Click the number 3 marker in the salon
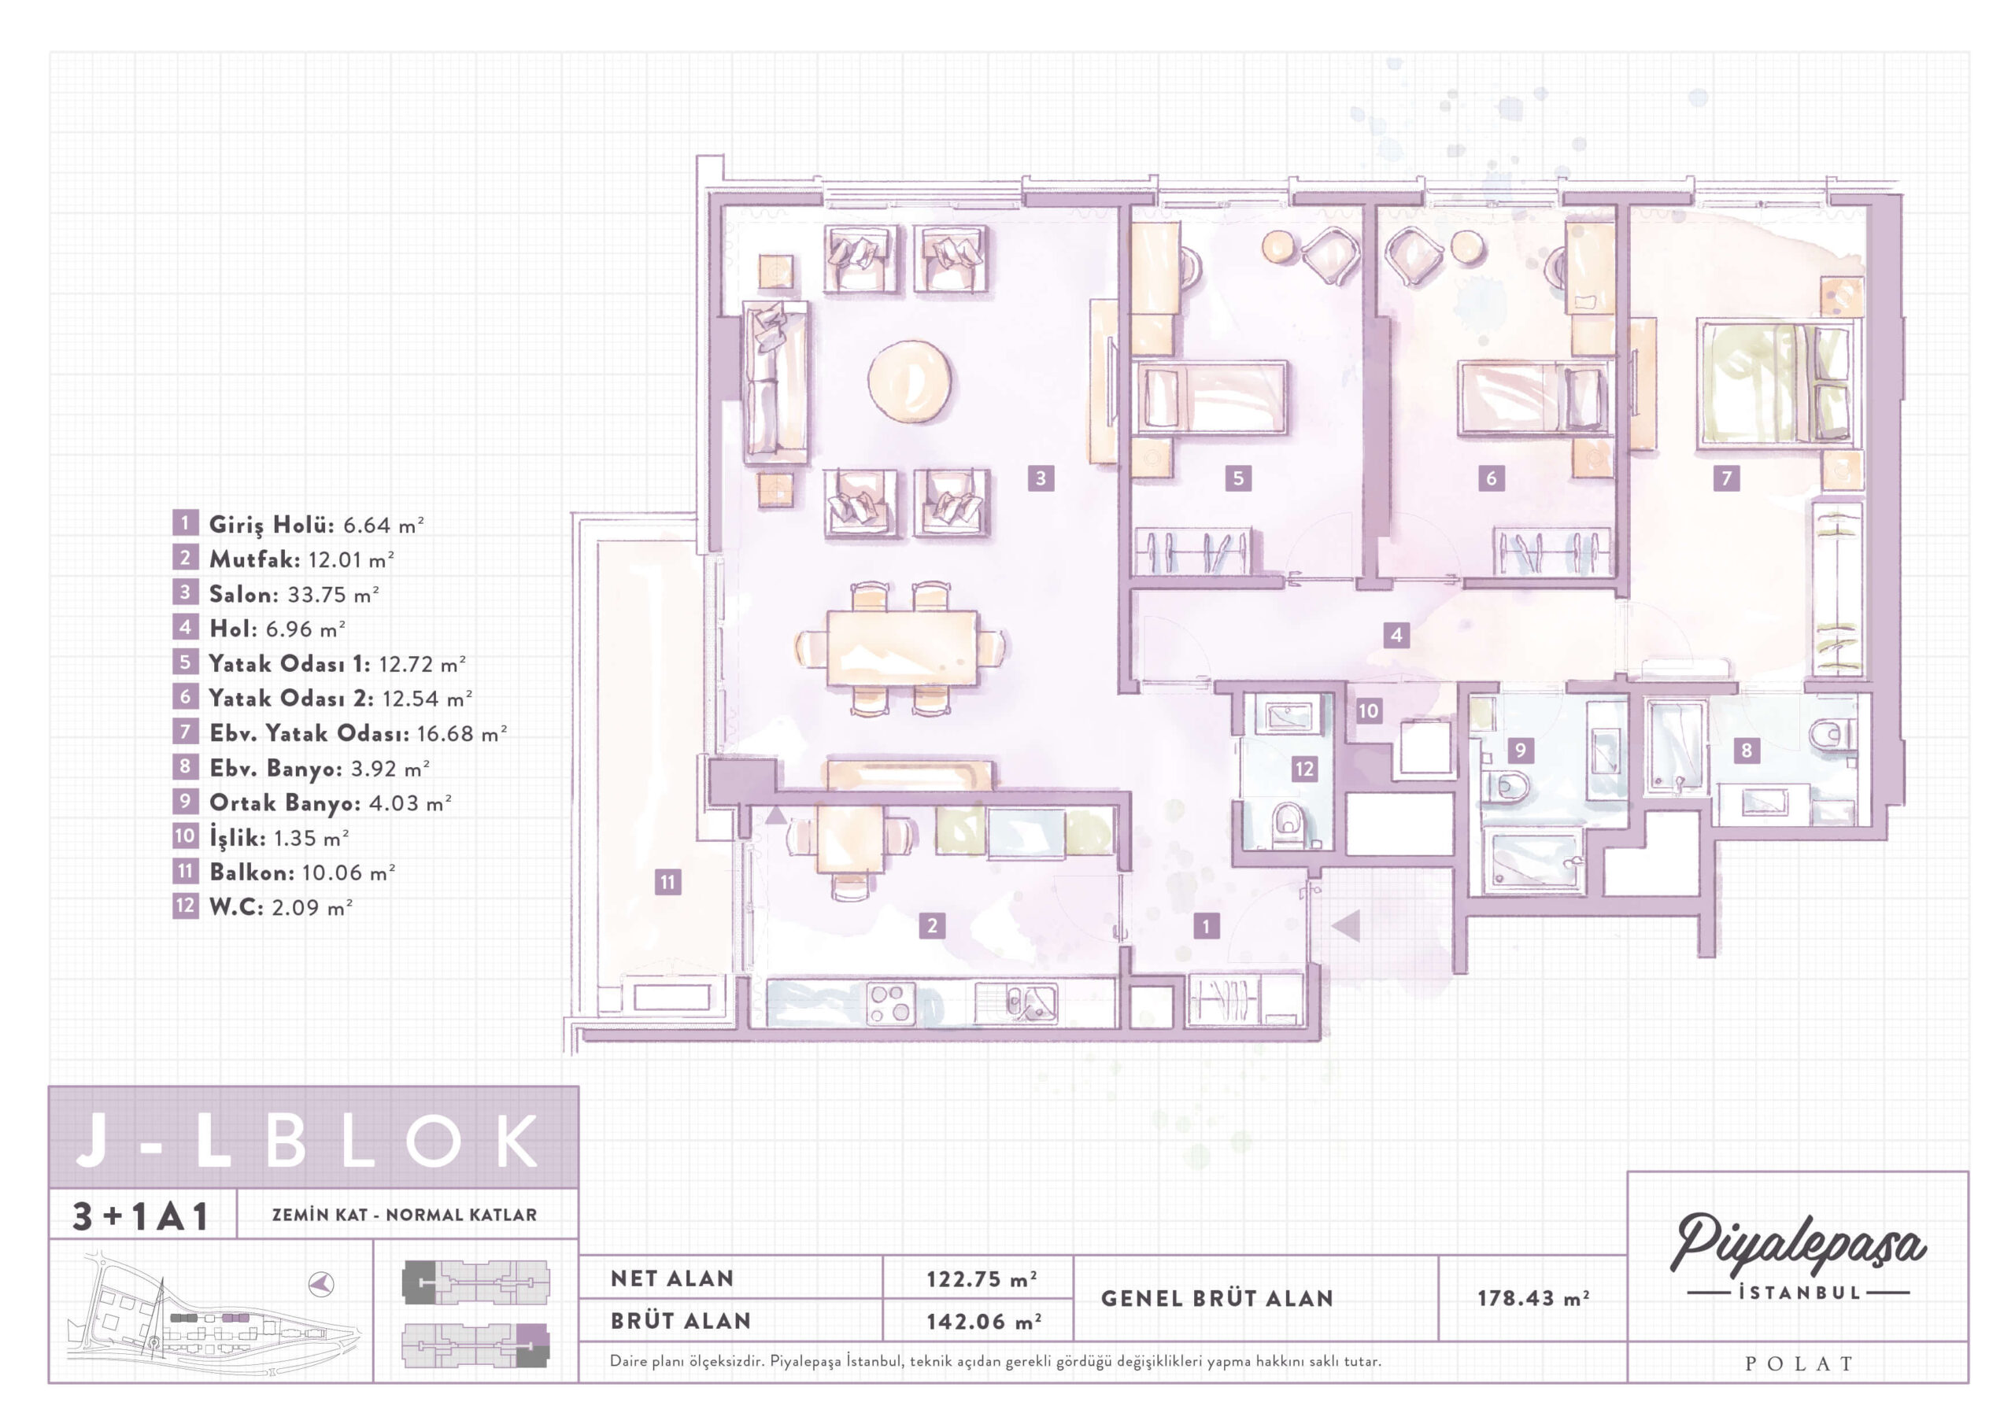1041,478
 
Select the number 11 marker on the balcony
668,882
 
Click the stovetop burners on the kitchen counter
890,1003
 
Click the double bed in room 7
1778,383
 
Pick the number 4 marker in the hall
1396,634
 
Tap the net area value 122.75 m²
982,1278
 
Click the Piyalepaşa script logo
1797,1244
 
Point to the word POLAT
1799,1363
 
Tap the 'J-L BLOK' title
307,1141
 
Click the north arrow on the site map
322,1285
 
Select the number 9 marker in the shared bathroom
1520,751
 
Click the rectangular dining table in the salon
902,647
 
